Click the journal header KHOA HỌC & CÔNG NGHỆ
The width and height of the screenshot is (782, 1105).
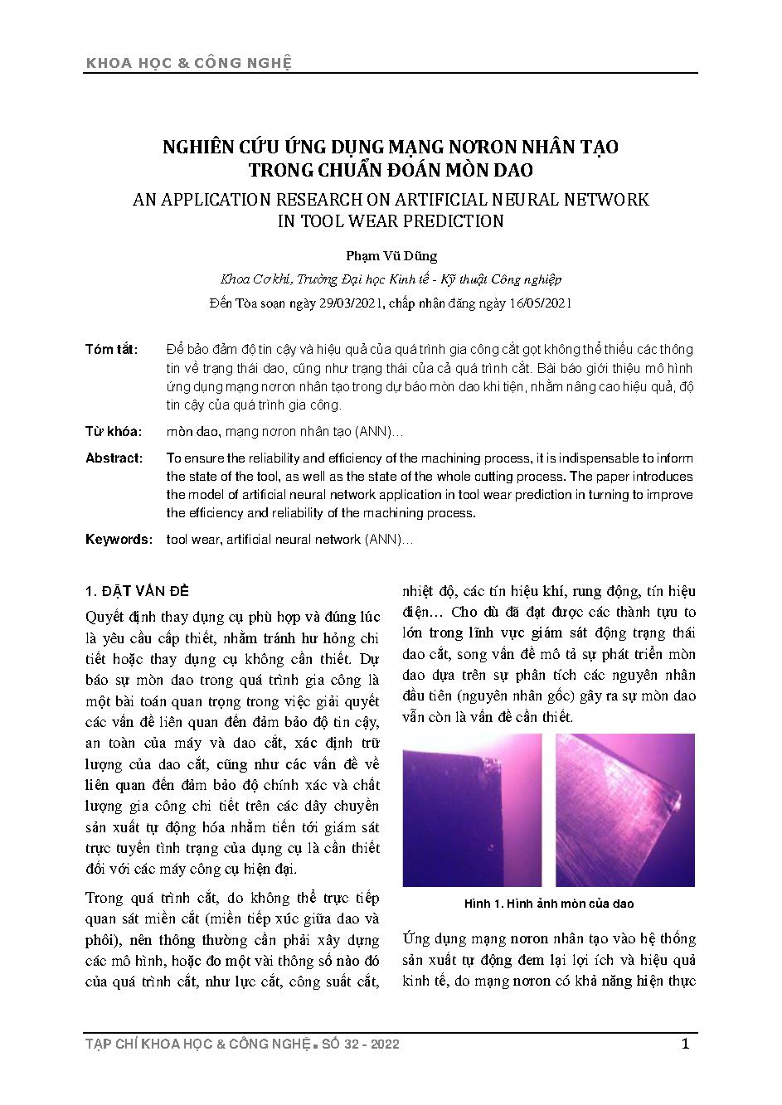188,64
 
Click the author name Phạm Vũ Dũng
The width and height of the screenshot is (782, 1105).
390,256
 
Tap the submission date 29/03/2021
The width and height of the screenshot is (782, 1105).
349,303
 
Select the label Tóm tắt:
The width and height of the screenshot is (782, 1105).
112,349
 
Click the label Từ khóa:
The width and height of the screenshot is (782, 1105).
114,432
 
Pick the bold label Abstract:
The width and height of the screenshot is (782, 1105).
114,458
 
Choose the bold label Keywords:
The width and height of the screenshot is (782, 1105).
119,540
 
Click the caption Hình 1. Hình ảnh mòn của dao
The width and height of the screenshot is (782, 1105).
548,904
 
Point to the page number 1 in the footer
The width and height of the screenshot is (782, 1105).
685,1044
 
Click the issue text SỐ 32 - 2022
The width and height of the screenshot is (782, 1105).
359,1044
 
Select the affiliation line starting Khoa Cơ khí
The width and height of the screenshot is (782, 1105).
390,279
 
